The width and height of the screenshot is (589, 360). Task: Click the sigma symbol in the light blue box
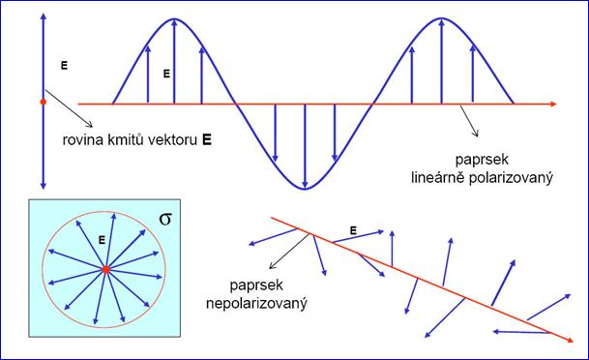tap(165, 219)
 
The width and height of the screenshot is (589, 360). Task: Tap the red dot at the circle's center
tap(106, 269)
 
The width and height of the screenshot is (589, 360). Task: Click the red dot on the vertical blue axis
tap(44, 102)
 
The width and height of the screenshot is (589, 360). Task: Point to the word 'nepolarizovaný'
tap(256, 303)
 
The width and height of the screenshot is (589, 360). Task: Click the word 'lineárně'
tap(437, 177)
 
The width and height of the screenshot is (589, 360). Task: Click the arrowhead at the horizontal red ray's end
tap(553, 104)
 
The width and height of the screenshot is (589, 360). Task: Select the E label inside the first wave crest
tap(166, 74)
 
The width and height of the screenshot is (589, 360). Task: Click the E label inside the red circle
tap(102, 240)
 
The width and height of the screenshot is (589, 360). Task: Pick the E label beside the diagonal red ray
tap(353, 230)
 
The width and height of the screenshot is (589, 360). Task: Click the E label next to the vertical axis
tap(64, 66)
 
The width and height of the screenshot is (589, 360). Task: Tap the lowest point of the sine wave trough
tap(305, 189)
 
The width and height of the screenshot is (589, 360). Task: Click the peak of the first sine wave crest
tap(174, 18)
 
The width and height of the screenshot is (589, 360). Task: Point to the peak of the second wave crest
tap(441, 18)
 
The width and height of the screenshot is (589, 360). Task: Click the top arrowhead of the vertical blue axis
tap(44, 16)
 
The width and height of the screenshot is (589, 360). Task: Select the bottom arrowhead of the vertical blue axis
tap(44, 186)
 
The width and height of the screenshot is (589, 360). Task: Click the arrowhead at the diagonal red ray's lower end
tap(570, 340)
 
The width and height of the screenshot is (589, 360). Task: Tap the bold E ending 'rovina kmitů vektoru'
tap(207, 139)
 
